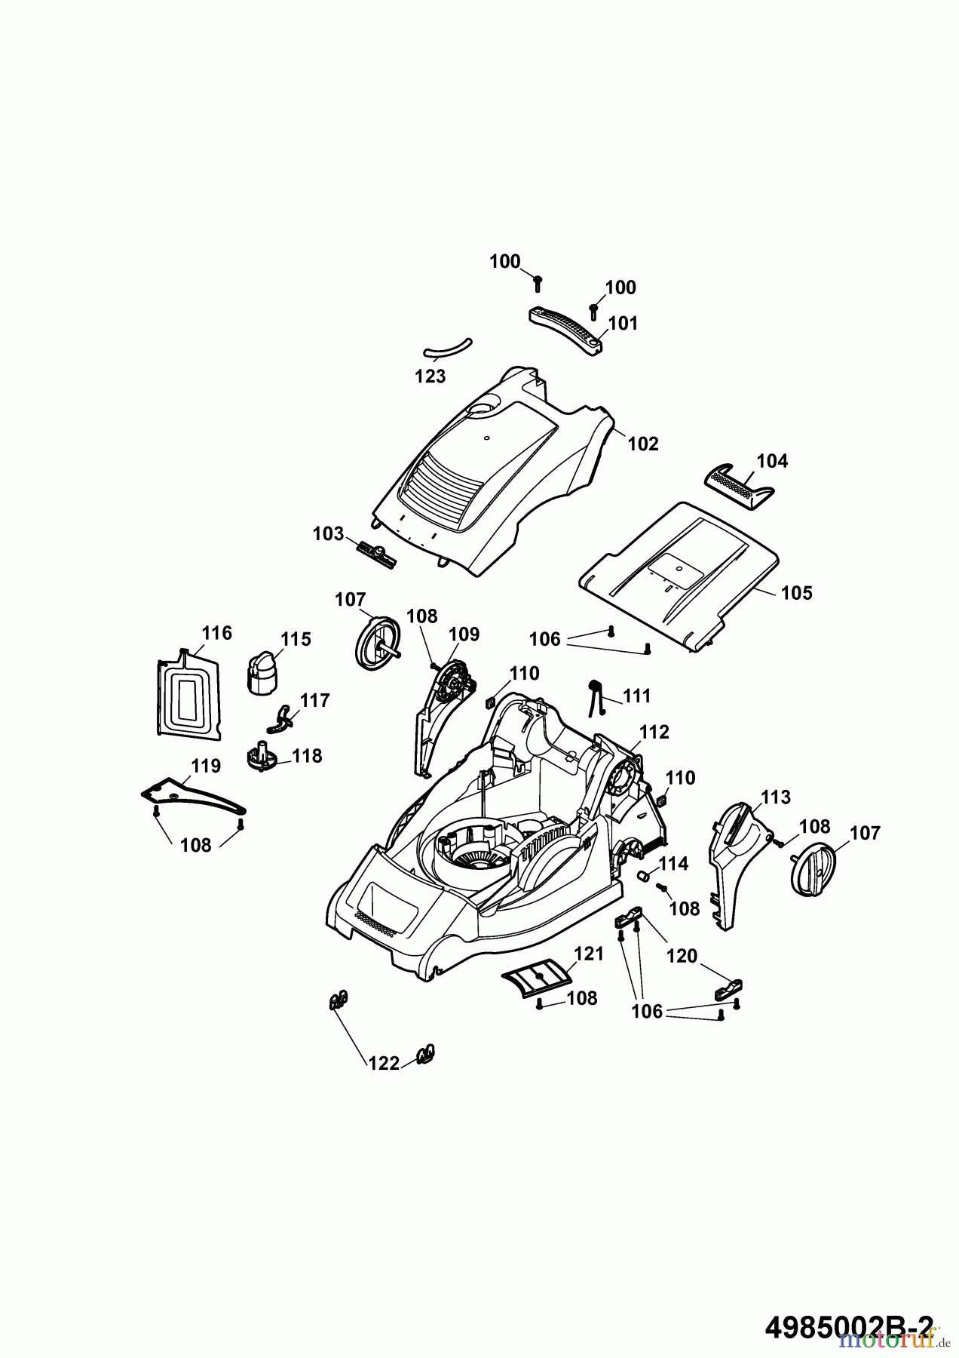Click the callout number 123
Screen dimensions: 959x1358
tap(430, 376)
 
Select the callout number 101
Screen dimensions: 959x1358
tap(623, 324)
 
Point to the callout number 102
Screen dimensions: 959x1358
tap(643, 444)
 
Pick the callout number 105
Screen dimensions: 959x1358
tap(797, 593)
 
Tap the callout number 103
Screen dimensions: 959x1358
tap(328, 534)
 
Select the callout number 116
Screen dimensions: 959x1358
tap(217, 633)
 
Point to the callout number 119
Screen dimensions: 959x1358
tap(205, 767)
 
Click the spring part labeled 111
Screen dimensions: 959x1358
tap(596, 697)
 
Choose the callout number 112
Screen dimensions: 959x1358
tap(654, 732)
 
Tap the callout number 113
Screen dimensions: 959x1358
tap(775, 797)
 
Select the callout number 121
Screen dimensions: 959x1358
tap(589, 954)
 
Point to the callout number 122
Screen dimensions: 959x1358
tap(383, 1064)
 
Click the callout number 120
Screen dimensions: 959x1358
tap(682, 957)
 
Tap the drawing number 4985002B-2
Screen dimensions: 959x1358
tap(848, 1323)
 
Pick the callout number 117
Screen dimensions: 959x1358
tap(314, 701)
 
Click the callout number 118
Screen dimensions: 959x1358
tap(307, 756)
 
